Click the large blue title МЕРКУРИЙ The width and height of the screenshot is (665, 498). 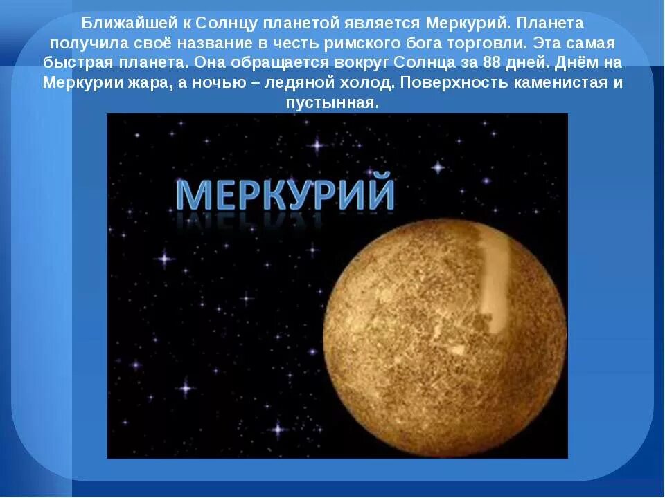tap(284, 194)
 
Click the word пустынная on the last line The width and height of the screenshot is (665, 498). tap(332, 102)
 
